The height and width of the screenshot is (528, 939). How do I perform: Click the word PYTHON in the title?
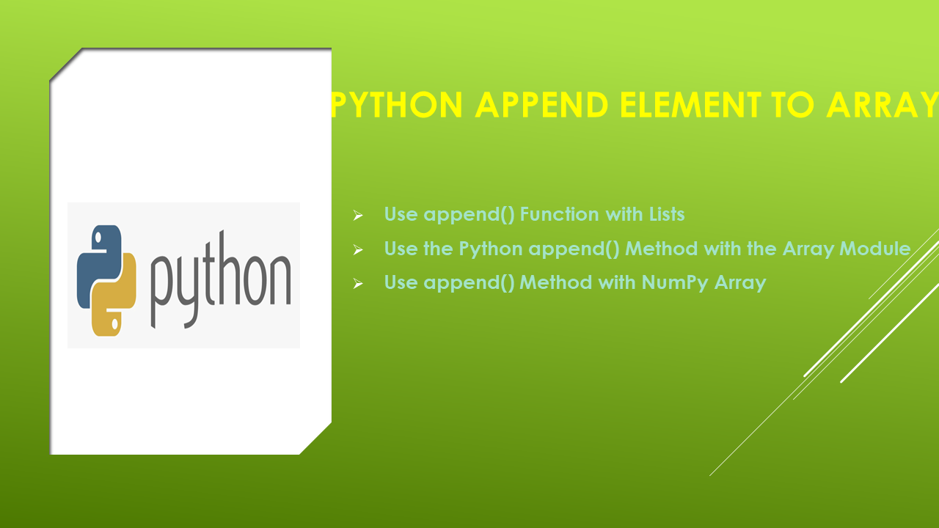tap(397, 104)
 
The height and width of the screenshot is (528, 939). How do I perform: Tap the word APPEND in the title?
tap(541, 104)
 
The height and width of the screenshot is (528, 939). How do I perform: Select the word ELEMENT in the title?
tap(690, 104)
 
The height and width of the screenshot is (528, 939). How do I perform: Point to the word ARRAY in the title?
tap(883, 104)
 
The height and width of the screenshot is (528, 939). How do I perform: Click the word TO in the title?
tap(793, 104)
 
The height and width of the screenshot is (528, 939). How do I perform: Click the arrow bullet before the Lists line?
tap(357, 216)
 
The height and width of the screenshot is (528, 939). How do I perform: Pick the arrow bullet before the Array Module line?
tap(357, 250)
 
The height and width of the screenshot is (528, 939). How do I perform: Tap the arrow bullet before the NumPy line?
tap(357, 284)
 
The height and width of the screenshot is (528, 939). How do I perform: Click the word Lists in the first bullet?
tap(667, 214)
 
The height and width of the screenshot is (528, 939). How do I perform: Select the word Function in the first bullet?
tap(560, 214)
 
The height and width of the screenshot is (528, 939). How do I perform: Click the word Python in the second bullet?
tap(491, 249)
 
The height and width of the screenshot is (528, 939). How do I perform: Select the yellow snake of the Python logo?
tap(114, 295)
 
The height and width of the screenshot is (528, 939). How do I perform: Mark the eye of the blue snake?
tap(98, 238)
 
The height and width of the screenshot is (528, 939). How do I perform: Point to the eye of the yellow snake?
tap(114, 324)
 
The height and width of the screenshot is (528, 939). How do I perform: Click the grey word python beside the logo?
tap(221, 280)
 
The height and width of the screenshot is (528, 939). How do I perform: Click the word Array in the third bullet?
tap(740, 283)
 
